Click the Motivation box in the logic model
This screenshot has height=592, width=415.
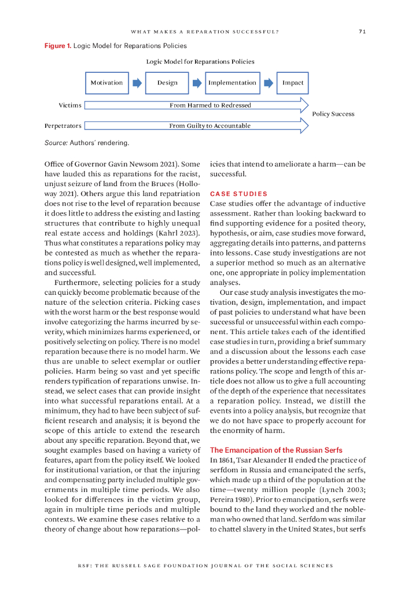pyautogui.click(x=106, y=83)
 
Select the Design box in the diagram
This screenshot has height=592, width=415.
pyautogui.click(x=167, y=83)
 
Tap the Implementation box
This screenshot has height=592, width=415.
pyautogui.click(x=232, y=83)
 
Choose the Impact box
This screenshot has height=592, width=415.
pyautogui.click(x=292, y=83)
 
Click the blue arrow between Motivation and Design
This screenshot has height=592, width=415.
pyautogui.click(x=137, y=83)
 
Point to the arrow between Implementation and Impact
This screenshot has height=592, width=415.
pyautogui.click(x=269, y=83)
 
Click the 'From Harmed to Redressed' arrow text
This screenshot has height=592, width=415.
pyautogui.click(x=210, y=105)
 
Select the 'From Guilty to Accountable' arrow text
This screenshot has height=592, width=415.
pyautogui.click(x=210, y=125)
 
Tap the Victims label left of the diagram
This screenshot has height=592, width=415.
pyautogui.click(x=69, y=105)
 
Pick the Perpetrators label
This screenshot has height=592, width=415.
pyautogui.click(x=63, y=125)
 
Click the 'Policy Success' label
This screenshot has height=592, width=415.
pyautogui.click(x=333, y=114)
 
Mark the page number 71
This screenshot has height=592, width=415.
pyautogui.click(x=362, y=32)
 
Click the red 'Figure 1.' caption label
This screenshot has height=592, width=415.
pyautogui.click(x=58, y=46)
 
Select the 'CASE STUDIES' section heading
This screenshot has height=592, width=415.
pyautogui.click(x=238, y=194)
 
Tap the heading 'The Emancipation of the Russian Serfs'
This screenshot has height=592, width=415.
pyautogui.click(x=276, y=450)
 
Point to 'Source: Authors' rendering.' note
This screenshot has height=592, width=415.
pyautogui.click(x=87, y=142)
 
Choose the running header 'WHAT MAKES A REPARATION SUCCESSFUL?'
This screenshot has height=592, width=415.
pyautogui.click(x=205, y=32)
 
